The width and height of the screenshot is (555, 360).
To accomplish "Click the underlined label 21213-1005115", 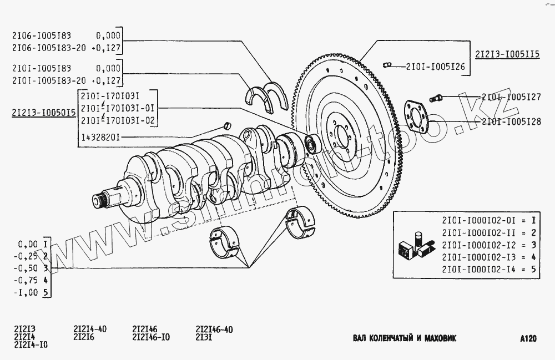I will [507, 54].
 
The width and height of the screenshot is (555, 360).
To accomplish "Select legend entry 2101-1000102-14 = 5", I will [488, 270].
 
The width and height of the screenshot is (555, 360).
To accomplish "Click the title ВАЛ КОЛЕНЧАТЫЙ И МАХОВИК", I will [404, 338].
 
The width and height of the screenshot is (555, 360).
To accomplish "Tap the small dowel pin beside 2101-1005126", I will [388, 66].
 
